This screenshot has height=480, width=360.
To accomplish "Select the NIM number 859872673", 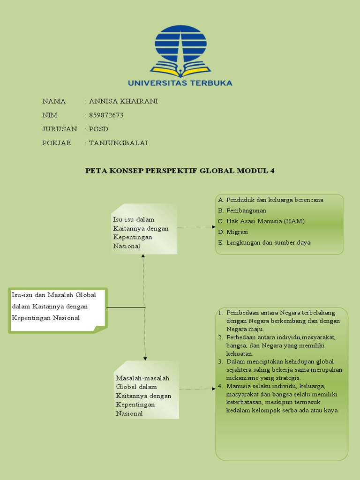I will click(106, 115).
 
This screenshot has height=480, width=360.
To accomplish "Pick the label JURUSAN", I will click(60, 129).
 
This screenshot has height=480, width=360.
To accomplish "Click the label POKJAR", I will click(57, 143).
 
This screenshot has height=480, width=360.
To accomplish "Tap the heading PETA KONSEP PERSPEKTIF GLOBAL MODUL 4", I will click(180, 171).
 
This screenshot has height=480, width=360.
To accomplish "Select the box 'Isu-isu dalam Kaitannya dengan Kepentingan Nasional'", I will click(144, 229).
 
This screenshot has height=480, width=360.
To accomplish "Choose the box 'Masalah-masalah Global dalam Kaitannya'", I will click(147, 390).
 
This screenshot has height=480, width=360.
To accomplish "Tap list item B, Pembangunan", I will click(246, 210).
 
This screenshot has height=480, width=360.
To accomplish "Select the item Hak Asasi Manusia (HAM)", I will click(265, 221).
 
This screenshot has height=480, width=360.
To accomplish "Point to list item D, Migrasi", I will click(237, 232).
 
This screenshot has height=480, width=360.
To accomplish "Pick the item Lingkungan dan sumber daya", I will click(268, 243).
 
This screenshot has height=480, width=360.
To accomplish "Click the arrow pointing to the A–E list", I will click(197, 227).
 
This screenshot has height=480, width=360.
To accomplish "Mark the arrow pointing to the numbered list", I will click(197, 389).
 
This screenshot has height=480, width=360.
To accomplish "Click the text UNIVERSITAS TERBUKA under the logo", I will click(180, 83).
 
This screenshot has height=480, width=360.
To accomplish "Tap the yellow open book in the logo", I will click(180, 70).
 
